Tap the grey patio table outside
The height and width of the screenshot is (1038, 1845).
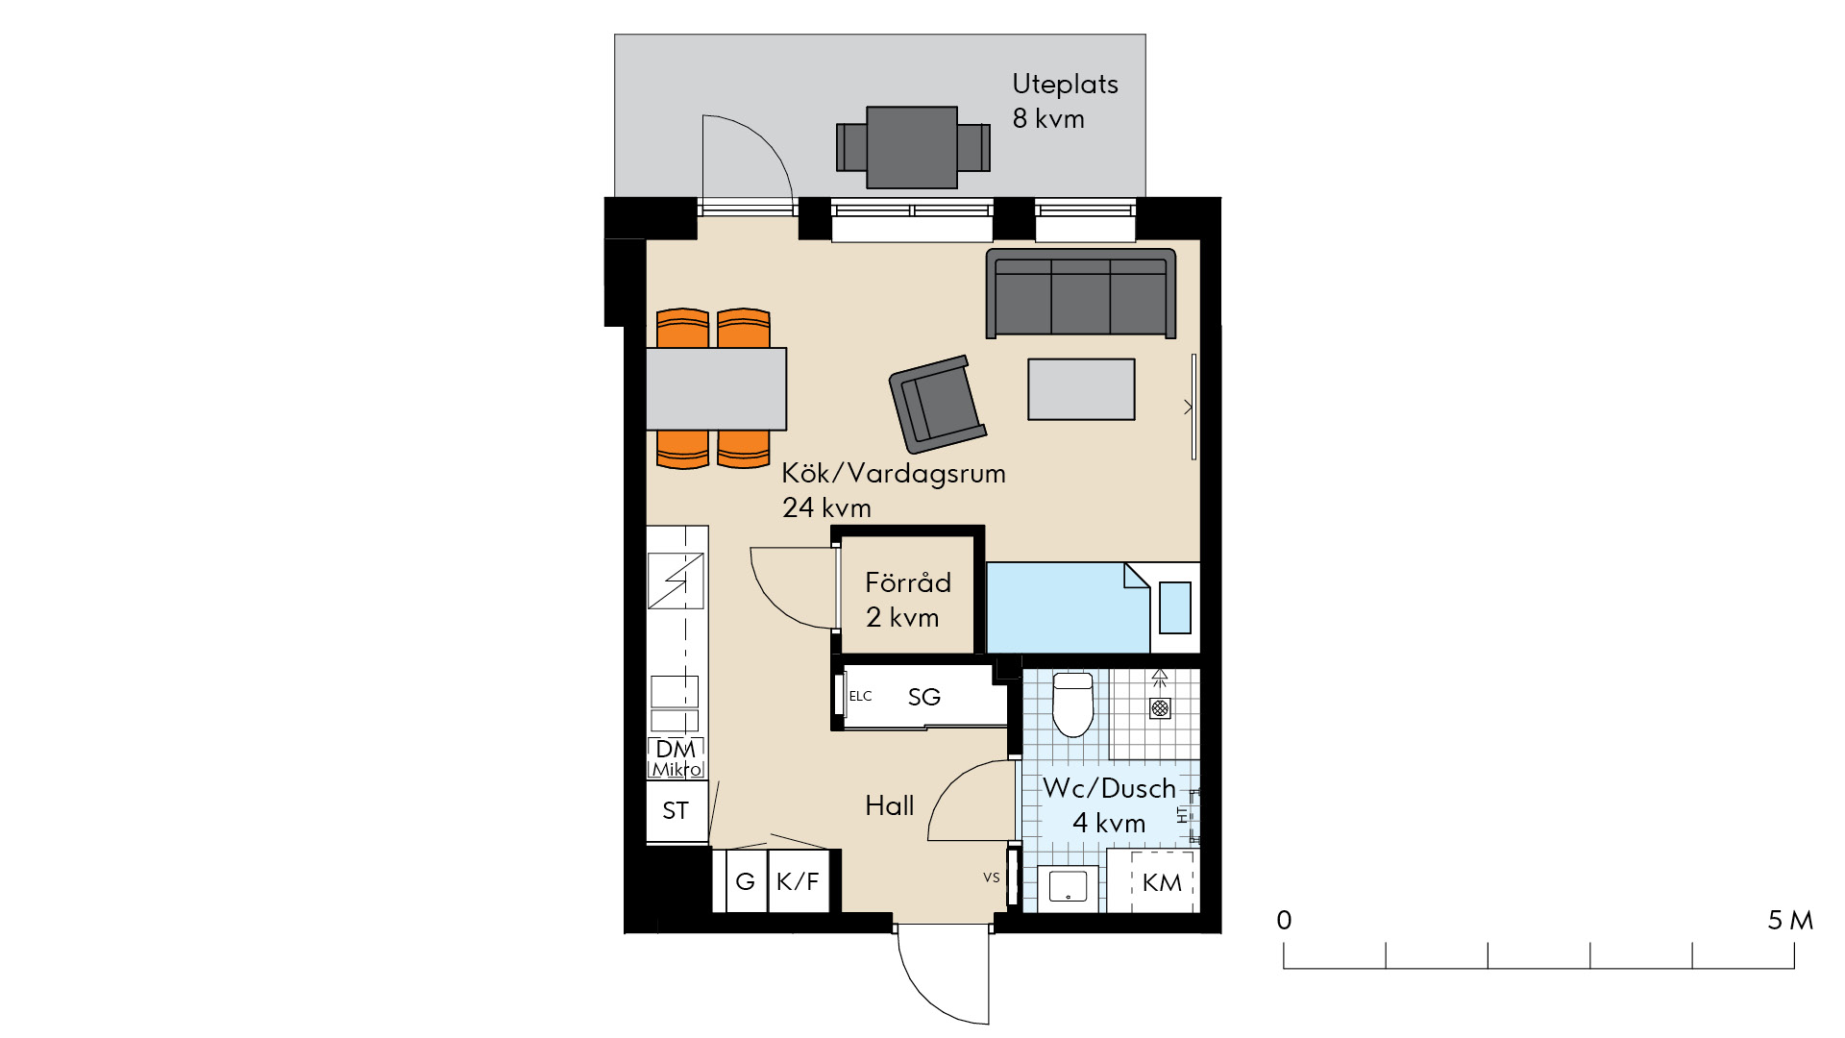coord(912,147)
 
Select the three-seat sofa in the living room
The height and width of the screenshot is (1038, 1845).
coord(1081,293)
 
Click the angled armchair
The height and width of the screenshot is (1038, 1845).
coord(937,404)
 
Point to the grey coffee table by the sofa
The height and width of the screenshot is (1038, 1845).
coord(1081,389)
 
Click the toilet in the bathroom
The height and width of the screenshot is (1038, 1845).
coord(1073,704)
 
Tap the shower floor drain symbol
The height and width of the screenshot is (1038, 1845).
coord(1160,708)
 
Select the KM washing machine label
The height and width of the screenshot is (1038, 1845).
coord(1162,882)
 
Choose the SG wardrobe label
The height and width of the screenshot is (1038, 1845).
coord(924,697)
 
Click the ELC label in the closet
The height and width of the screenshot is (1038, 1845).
coord(860,696)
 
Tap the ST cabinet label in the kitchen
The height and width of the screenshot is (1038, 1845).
coord(676,811)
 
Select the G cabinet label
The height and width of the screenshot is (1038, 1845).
coord(745,881)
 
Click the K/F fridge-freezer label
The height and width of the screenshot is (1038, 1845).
coord(798,881)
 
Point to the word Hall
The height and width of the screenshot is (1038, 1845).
coord(890,805)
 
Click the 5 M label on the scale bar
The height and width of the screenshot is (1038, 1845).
coord(1790,921)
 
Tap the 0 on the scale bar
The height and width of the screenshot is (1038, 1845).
coord(1284,921)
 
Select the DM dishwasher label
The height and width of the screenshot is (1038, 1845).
coord(676,749)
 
